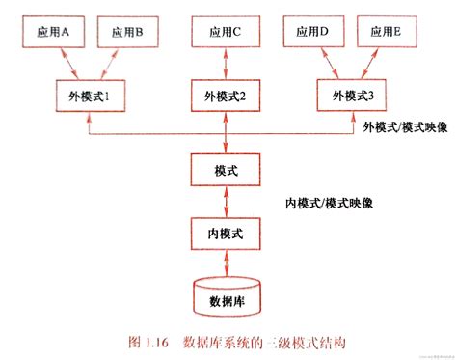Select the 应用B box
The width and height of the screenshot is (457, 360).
tap(127, 33)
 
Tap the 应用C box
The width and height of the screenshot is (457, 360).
tap(225, 33)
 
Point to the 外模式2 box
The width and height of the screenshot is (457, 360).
tap(225, 96)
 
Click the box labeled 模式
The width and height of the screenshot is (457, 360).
tap(225, 170)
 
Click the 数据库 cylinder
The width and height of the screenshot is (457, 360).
tap(225, 297)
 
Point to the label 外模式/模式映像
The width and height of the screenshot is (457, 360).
tap(404, 129)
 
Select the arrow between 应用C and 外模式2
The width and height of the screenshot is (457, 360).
tap(225, 64)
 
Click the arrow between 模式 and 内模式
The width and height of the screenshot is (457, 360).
tap(225, 203)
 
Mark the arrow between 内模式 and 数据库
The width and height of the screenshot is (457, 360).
tap(225, 263)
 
